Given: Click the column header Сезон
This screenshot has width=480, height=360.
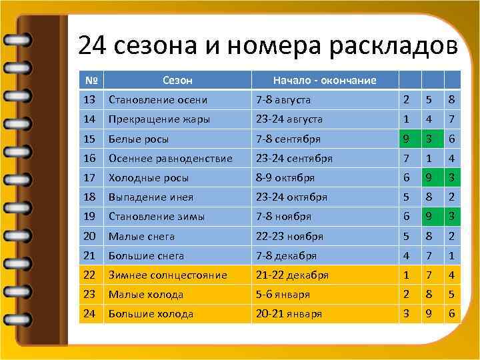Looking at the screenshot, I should tap(177, 80).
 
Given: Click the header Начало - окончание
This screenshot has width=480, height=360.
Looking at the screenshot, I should tap(325, 80).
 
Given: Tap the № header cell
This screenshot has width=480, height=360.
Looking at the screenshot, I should tap(92, 80).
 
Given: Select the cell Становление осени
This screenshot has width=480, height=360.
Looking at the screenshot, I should tap(158, 100).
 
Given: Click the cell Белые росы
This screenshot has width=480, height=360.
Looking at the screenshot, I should tap(139, 139).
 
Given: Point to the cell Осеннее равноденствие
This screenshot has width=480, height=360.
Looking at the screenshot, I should tap(170, 159).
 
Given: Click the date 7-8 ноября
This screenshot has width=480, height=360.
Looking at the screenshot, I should tap(284, 217).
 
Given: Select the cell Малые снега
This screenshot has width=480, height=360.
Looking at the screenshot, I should tap(142, 236).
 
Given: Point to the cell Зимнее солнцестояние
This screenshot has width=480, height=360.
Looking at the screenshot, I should tap(168, 275).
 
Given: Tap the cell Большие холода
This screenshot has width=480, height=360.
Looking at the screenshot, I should tap(151, 313).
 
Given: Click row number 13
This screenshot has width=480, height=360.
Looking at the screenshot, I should tap(90, 100).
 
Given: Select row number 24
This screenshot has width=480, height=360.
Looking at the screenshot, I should tap(90, 313).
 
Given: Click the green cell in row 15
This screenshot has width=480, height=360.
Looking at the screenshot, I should tap(405, 139).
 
